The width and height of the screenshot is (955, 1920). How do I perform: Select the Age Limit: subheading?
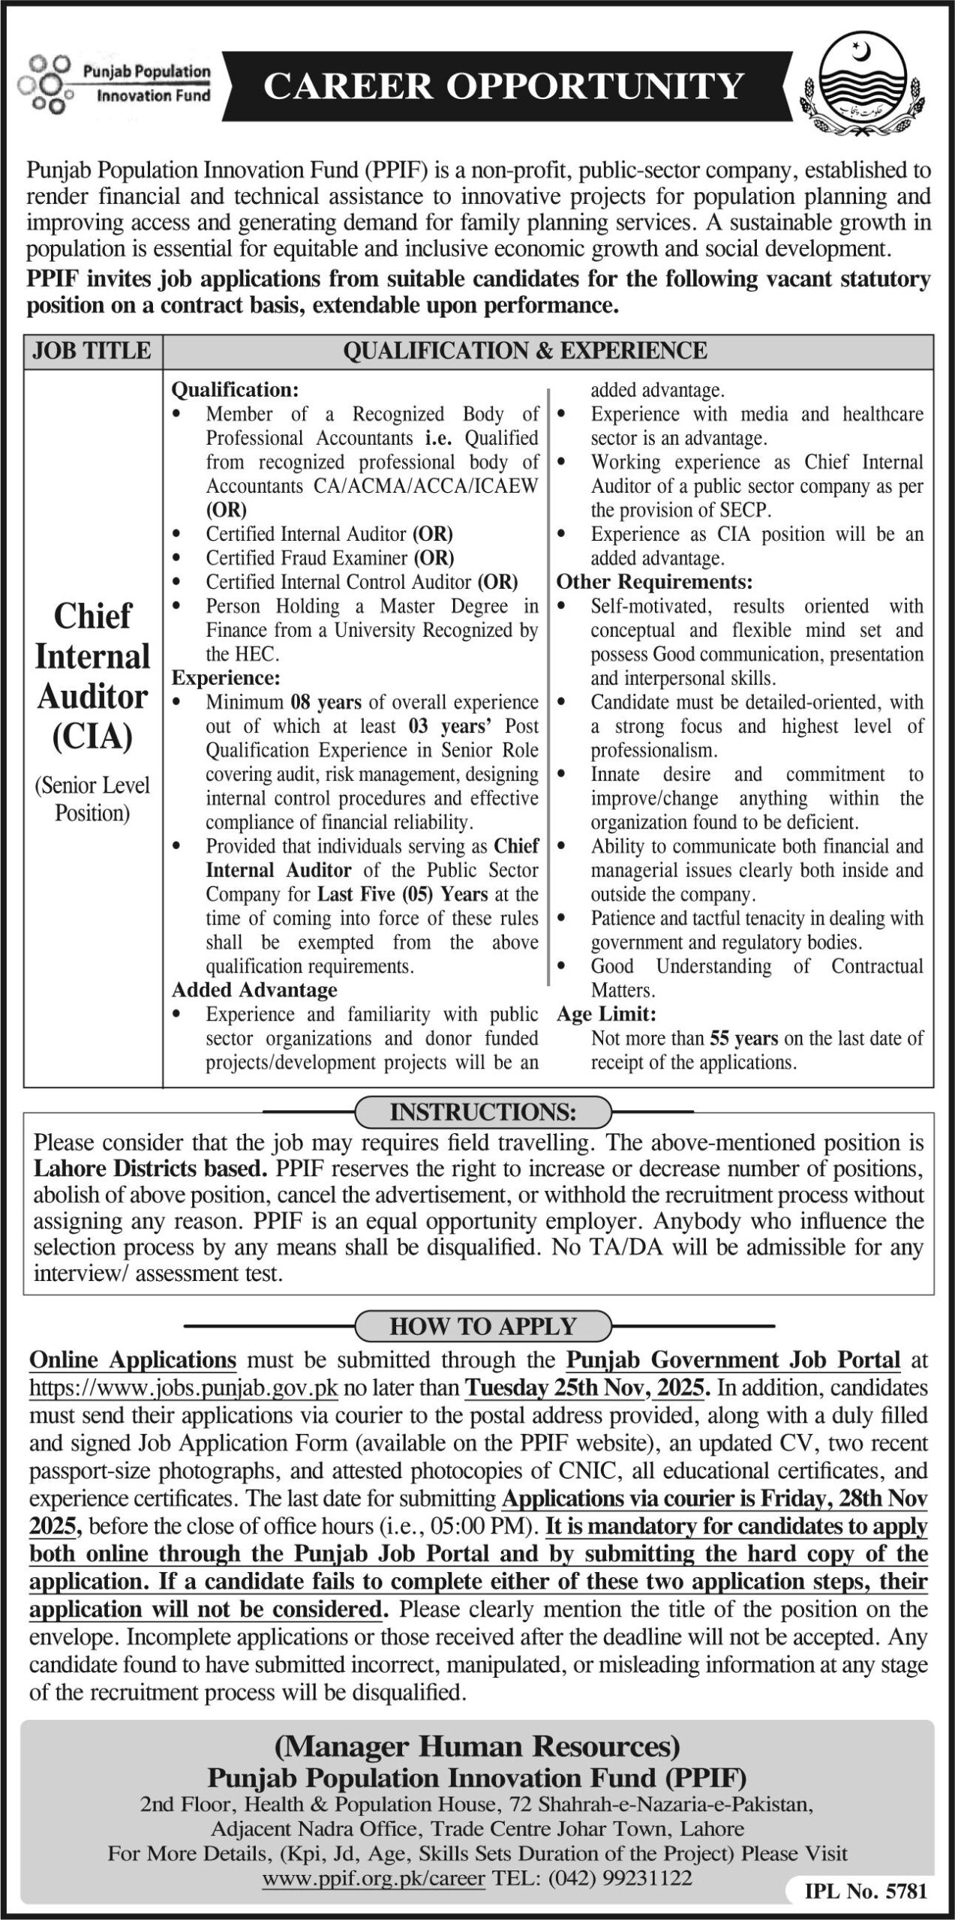click(x=606, y=1015)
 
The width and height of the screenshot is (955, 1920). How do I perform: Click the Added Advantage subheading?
click(x=254, y=991)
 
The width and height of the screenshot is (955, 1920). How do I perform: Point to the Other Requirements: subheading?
click(x=654, y=582)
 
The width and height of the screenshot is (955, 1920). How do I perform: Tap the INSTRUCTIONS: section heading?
click(x=483, y=1113)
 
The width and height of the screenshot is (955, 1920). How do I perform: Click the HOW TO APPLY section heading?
click(x=482, y=1327)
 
